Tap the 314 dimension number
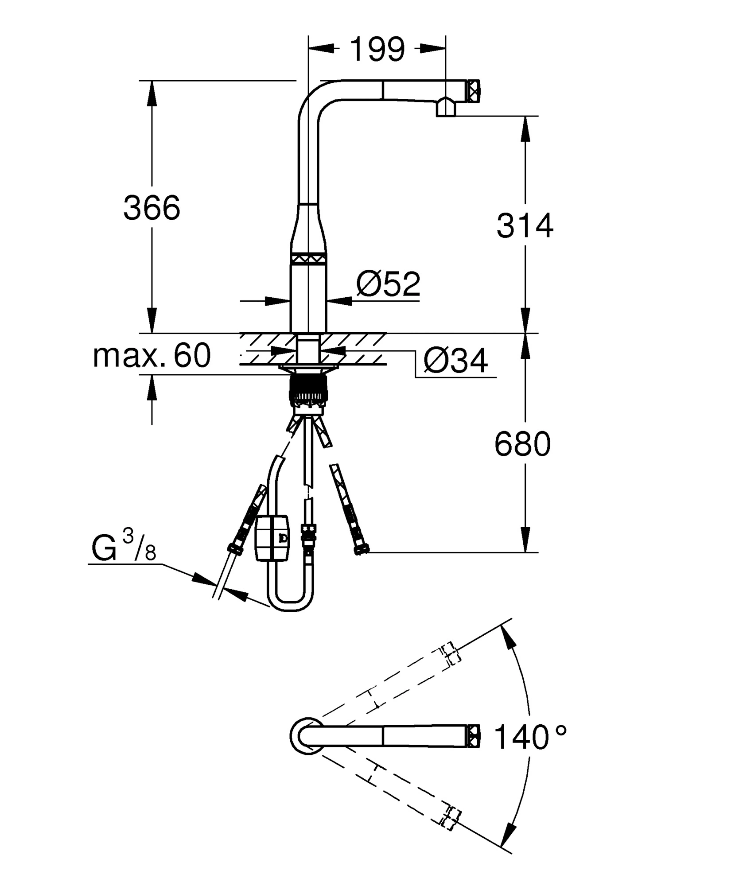click(x=525, y=225)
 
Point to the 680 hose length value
click(x=522, y=444)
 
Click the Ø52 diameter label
click(x=388, y=284)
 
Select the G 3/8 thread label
click(x=124, y=548)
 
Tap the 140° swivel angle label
click(x=530, y=737)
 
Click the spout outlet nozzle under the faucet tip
click(x=446, y=108)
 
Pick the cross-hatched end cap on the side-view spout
click(x=473, y=91)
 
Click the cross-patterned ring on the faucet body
click(x=308, y=259)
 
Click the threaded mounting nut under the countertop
click(x=308, y=388)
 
